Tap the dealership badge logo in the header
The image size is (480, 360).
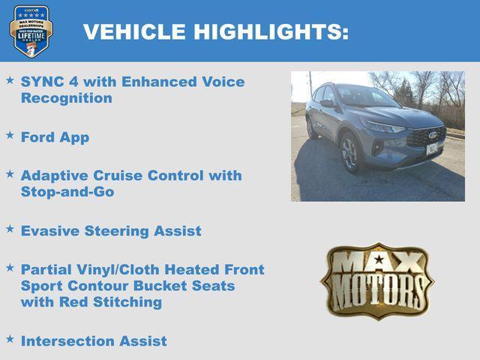click(31, 31)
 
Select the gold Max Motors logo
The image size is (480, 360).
click(377, 281)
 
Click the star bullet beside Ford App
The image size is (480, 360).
click(10, 135)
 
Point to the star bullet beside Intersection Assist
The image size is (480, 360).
click(10, 339)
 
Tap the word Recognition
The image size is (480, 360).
click(67, 98)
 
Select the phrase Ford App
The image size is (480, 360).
click(55, 137)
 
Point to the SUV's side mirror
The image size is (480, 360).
click(328, 103)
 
